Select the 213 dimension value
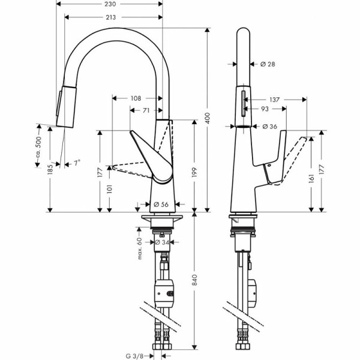click(110, 17)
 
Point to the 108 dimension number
click(136, 98)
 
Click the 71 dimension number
click(146, 110)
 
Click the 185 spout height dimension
click(50, 170)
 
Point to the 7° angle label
click(77, 162)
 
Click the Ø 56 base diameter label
click(160, 204)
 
